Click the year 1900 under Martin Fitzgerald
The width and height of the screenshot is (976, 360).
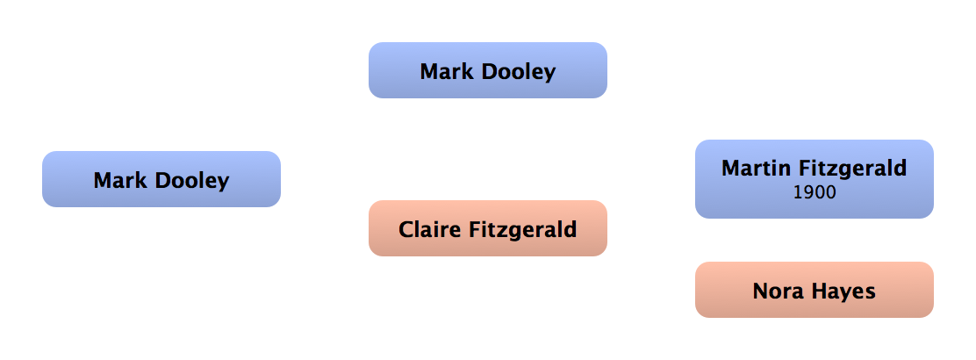[x=814, y=191]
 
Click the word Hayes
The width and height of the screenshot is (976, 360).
[x=843, y=292]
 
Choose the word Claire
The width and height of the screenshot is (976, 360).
[x=427, y=230]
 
